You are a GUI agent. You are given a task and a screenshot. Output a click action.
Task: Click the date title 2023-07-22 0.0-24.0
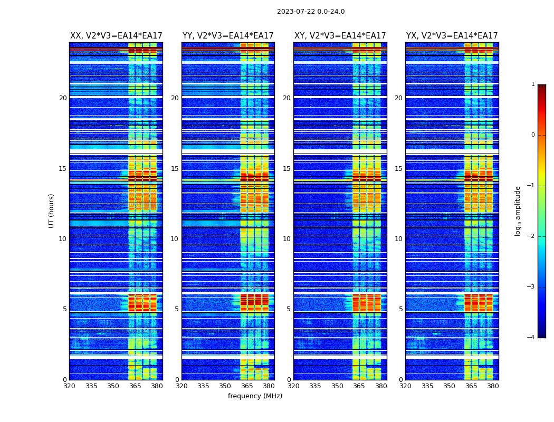[311, 12]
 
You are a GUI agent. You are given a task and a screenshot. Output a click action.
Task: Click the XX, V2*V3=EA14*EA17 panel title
[116, 36]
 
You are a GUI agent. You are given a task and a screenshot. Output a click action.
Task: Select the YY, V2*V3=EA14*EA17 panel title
[228, 36]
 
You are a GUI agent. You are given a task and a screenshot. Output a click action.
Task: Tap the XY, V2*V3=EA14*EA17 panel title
[340, 36]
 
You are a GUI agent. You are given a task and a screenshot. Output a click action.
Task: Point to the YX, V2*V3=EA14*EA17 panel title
[452, 36]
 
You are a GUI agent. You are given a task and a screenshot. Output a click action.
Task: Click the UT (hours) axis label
[52, 210]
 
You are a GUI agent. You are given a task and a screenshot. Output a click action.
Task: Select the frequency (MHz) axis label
[255, 396]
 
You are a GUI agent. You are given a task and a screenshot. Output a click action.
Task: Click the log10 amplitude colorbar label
[518, 210]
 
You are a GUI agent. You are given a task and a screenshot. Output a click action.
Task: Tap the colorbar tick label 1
[533, 84]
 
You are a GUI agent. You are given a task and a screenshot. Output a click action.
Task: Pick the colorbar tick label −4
[531, 338]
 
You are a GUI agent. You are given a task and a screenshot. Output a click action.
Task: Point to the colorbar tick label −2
[531, 236]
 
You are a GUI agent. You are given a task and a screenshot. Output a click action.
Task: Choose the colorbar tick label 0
[533, 135]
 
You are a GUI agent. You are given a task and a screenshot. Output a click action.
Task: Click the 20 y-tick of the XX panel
[63, 98]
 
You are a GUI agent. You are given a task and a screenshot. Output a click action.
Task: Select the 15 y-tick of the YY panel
[175, 169]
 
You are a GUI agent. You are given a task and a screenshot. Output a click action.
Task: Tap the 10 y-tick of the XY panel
[286, 239]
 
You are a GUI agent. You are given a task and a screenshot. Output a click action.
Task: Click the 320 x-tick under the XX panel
[69, 386]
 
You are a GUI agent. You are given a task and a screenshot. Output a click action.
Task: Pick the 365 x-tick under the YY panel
[247, 386]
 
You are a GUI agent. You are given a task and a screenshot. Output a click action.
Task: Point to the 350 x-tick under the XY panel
[337, 386]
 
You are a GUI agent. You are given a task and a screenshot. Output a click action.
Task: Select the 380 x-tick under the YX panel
[493, 386]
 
